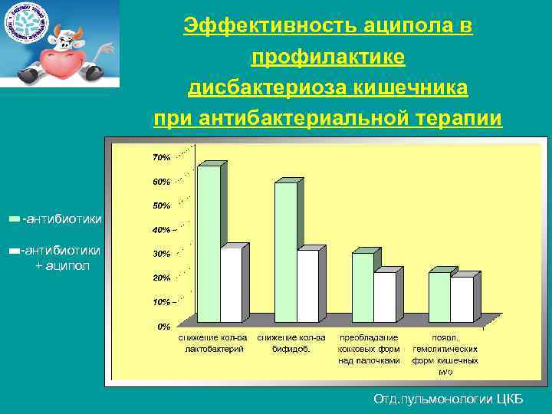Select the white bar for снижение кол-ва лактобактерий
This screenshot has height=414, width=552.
pyautogui.click(x=230, y=285)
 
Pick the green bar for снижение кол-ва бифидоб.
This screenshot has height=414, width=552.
pyautogui.click(x=285, y=252)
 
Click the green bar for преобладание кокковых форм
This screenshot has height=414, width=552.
pyautogui.click(x=362, y=287)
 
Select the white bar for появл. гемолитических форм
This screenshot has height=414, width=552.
pyautogui.click(x=462, y=300)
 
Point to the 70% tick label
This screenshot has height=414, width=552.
pyautogui.click(x=161, y=158)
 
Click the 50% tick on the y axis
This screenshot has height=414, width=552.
pyautogui.click(x=161, y=206)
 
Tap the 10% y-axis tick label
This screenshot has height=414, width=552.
pyautogui.click(x=161, y=302)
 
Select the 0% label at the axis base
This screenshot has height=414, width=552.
pyautogui.click(x=164, y=327)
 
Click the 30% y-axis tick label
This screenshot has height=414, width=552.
pyautogui.click(x=161, y=254)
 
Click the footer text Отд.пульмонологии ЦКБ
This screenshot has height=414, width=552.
pyautogui.click(x=448, y=399)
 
